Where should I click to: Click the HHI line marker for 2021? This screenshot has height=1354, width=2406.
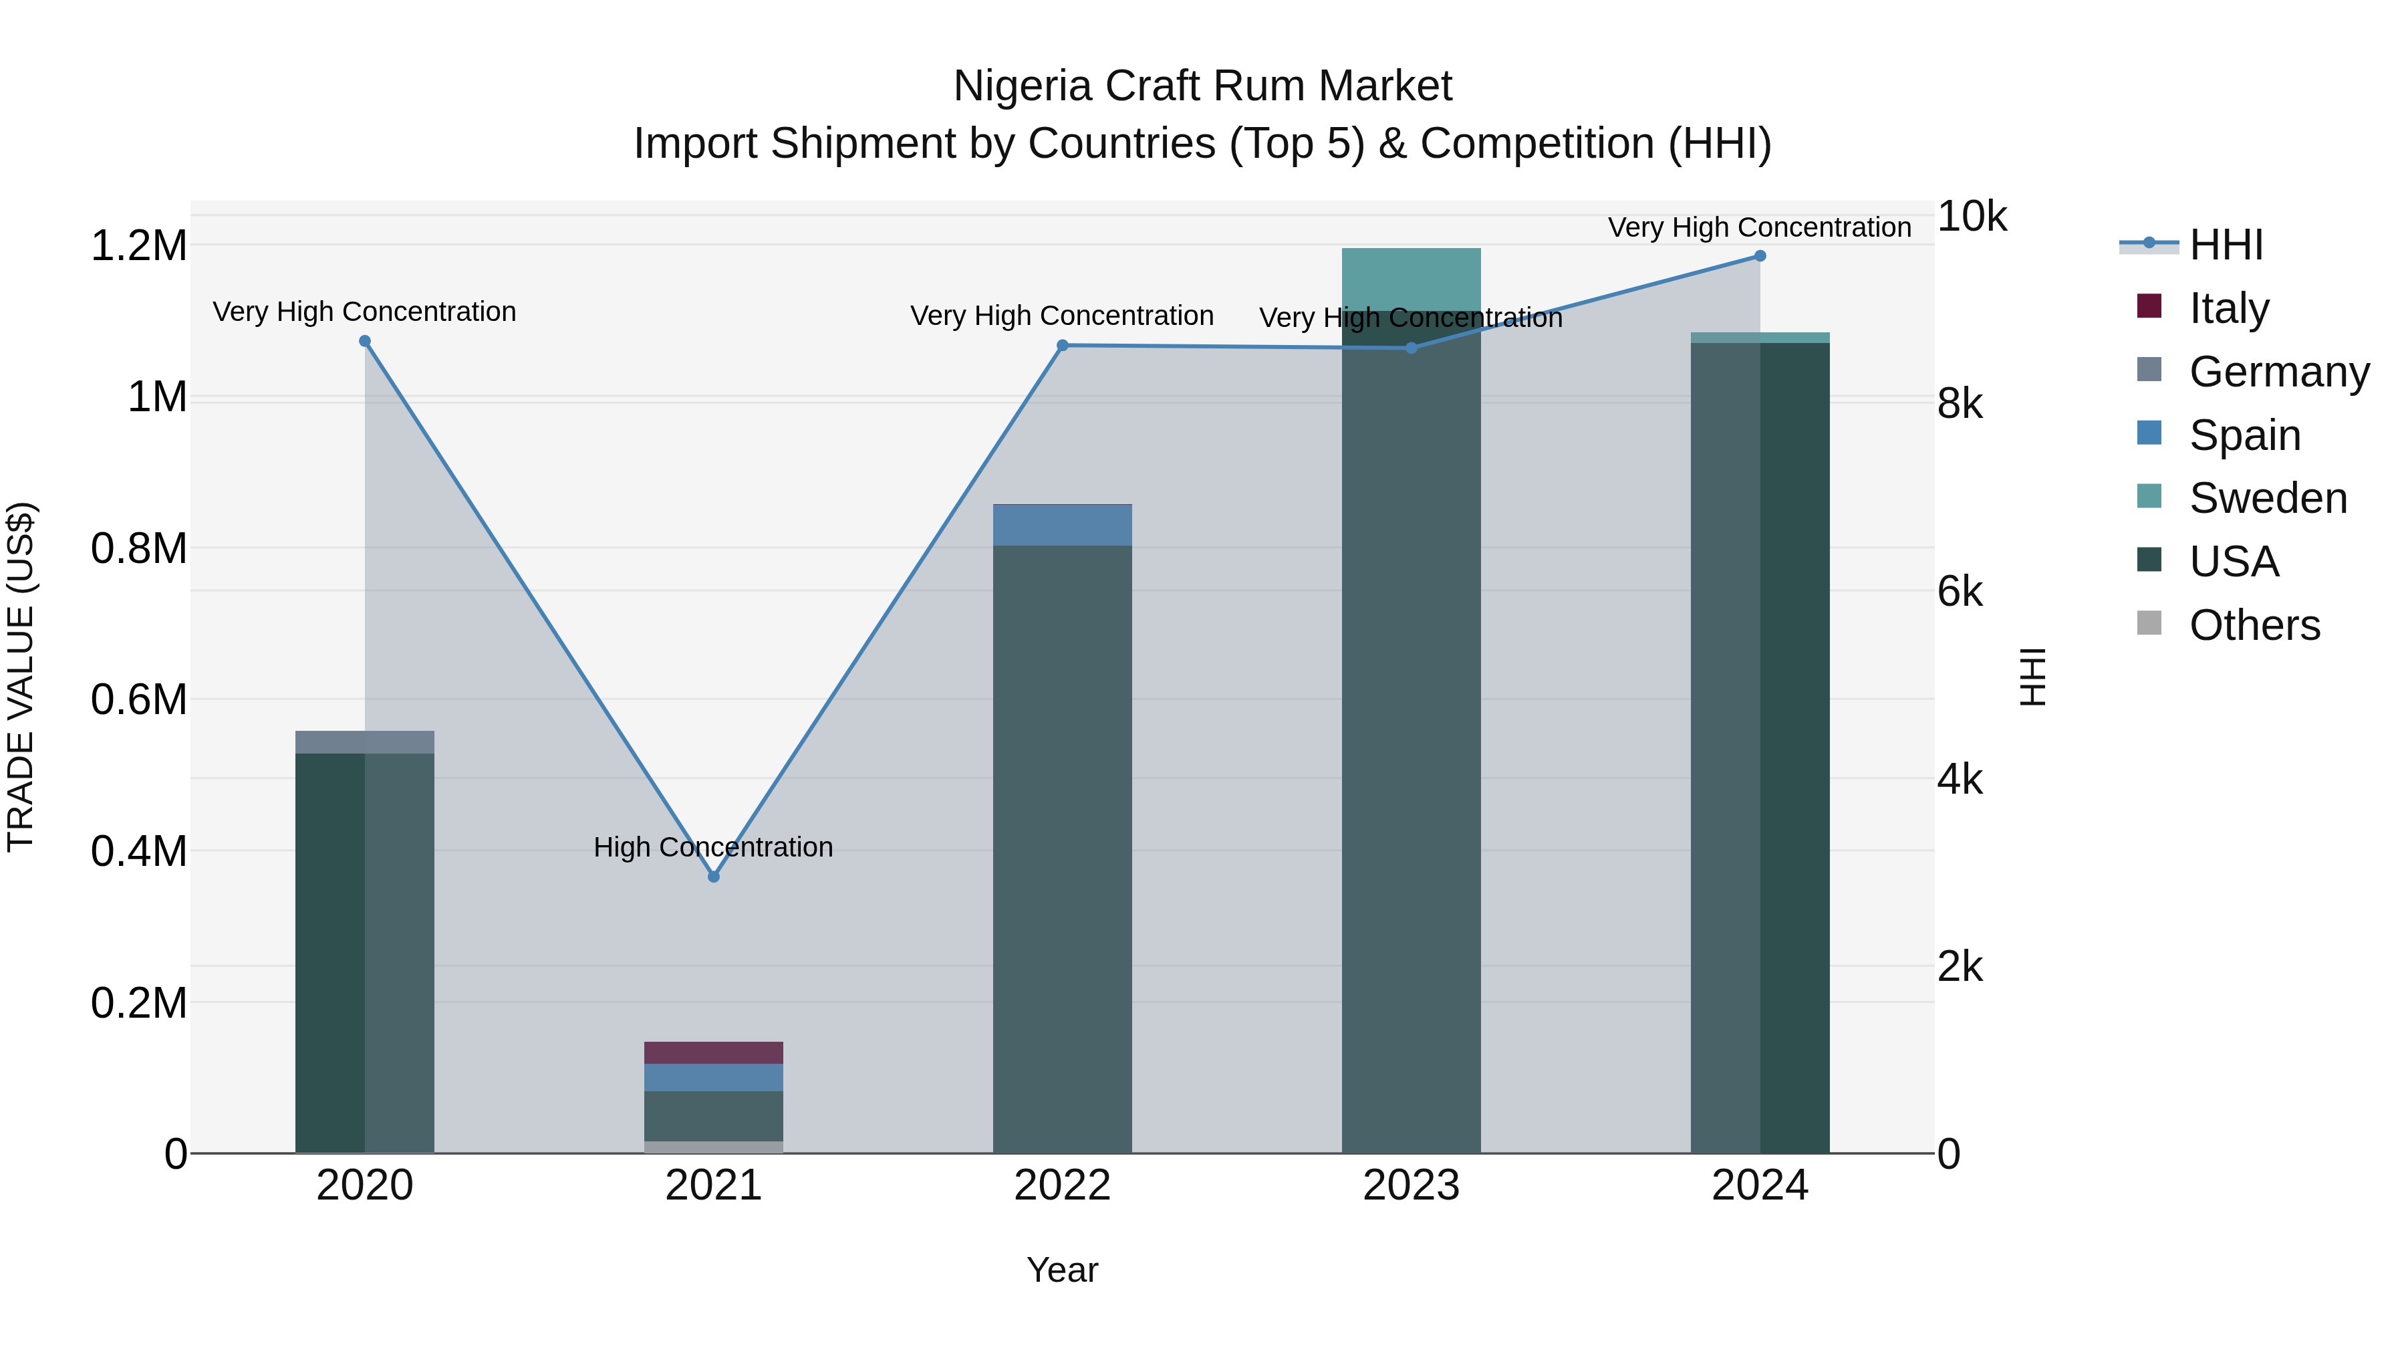click(x=714, y=877)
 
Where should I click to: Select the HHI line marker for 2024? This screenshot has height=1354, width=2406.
click(x=1760, y=256)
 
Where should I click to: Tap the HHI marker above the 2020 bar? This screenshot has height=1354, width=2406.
click(x=365, y=341)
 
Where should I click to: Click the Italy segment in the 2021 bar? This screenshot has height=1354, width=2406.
click(x=714, y=1053)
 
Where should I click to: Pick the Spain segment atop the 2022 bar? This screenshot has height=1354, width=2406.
click(x=1062, y=525)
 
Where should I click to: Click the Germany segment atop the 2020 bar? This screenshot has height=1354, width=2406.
click(x=365, y=742)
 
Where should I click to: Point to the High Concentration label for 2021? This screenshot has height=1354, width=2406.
click(x=714, y=848)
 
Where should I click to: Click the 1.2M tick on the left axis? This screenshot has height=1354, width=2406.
click(x=138, y=246)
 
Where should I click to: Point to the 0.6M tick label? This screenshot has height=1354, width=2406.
click(x=138, y=700)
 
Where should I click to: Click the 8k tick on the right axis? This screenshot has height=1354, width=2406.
click(x=1960, y=405)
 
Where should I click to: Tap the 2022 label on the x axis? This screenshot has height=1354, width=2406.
click(x=1062, y=1186)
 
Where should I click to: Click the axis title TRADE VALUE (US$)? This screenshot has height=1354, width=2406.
click(x=21, y=677)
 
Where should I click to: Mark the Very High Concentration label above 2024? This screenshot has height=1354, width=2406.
click(x=1759, y=227)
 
